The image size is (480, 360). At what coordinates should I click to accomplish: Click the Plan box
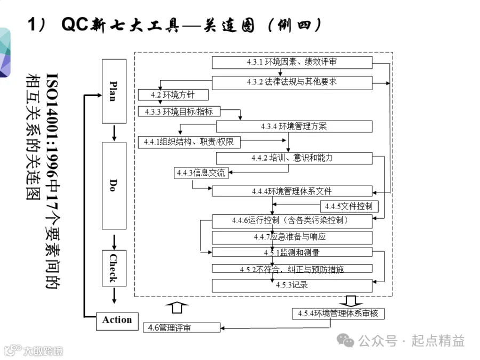114,91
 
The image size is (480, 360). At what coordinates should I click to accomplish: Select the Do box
114,186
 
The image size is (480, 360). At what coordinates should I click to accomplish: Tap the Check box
114,268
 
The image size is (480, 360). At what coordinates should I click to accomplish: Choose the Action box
117,322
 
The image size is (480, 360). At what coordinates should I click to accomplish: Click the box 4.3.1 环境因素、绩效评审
292,62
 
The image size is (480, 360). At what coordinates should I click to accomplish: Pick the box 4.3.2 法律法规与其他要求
292,83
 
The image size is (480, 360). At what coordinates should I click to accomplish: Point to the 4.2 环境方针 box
173,95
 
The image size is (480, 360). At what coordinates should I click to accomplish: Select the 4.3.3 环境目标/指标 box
179,111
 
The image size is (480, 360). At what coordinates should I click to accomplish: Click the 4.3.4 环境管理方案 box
294,126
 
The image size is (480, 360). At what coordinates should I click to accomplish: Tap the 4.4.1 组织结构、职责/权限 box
189,142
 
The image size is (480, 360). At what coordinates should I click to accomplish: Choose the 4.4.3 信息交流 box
201,173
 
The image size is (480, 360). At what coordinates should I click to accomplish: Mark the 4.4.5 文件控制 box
349,206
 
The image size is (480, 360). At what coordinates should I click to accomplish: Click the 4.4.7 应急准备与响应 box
292,237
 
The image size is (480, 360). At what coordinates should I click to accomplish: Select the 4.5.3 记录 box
292,285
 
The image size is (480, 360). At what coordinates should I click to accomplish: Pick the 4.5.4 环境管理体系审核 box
338,314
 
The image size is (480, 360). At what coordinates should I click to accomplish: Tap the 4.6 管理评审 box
181,327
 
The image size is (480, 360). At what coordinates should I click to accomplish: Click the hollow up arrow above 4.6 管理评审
177,308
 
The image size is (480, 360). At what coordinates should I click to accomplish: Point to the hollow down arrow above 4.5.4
351,301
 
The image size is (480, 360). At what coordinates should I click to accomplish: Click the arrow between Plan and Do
114,133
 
